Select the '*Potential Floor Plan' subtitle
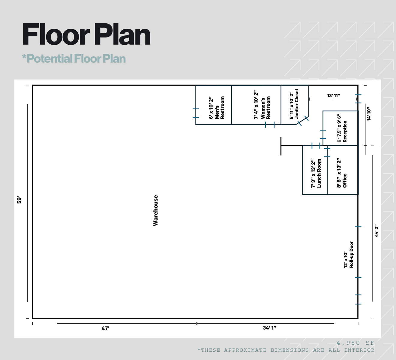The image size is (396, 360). [74, 59]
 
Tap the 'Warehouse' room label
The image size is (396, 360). [155, 210]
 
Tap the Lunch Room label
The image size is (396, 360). [316, 173]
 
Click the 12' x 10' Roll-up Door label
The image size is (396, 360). [349, 255]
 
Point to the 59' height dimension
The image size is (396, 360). [19, 200]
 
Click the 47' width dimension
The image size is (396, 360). [105, 328]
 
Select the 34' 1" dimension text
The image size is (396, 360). [269, 328]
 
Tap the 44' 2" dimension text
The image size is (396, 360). [376, 230]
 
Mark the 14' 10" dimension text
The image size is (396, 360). [369, 114]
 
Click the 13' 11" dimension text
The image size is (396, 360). [333, 96]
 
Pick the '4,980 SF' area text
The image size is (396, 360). [355, 343]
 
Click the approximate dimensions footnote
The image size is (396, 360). [286, 350]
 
